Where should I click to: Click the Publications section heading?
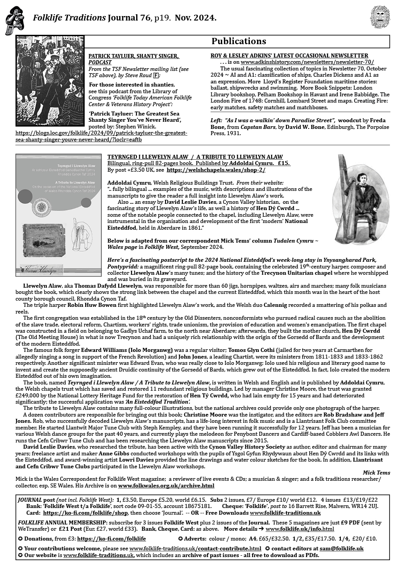pyautogui.click(x=239, y=41)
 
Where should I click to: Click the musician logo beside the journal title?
pyautogui.click(x=15, y=21)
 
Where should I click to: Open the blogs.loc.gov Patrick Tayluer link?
pyautogui.click(x=101, y=136)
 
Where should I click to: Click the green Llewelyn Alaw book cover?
pyautogui.click(x=58, y=215)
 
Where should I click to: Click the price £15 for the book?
pyautogui.click(x=284, y=164)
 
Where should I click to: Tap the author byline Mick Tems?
pyautogui.click(x=377, y=472)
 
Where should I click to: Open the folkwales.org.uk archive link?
pyautogui.click(x=166, y=485)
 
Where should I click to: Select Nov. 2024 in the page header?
pyautogui.click(x=195, y=18)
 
